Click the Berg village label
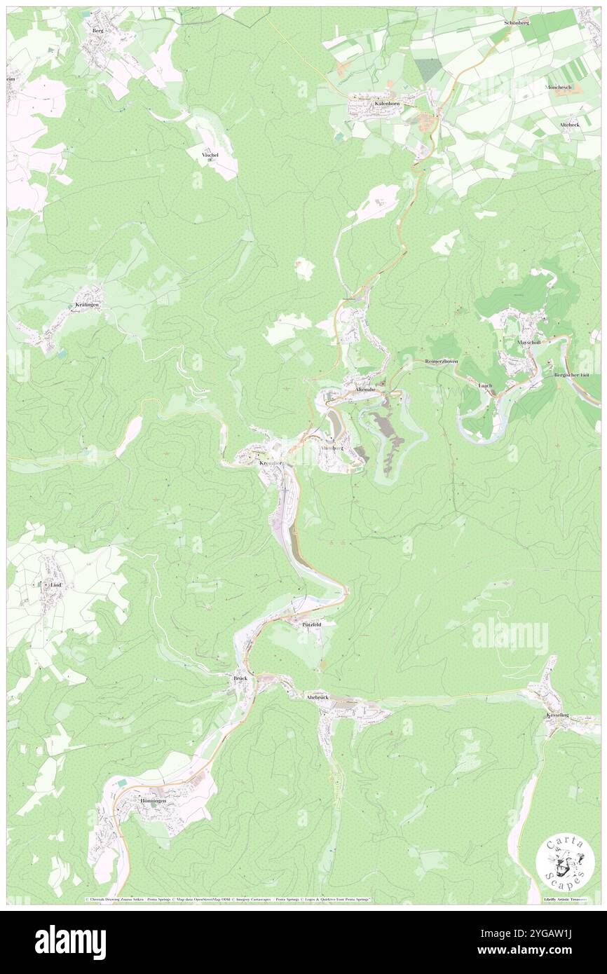coord(97,32)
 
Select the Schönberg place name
coord(516,23)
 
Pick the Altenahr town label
coord(368,389)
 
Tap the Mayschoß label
coord(531,342)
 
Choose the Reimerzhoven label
coord(442,361)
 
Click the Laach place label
coord(484,385)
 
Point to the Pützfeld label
coord(311,623)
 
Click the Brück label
coord(240,678)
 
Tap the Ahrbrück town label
coord(317,697)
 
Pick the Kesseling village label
coord(559,714)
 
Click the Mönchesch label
coord(559,87)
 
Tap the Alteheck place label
coord(568,124)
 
